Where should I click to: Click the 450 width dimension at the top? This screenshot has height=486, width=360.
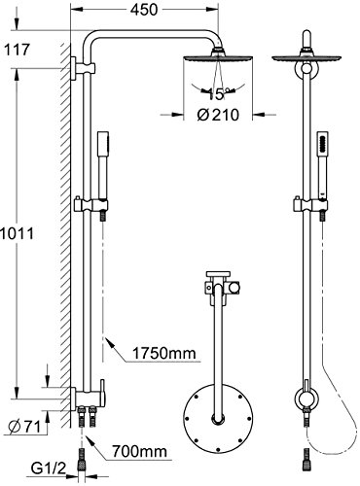tap(144, 10)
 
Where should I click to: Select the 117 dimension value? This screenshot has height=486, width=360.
tap(17, 50)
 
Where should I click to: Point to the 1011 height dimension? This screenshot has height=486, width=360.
tap(17, 233)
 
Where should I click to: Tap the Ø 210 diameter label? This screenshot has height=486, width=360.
tap(218, 115)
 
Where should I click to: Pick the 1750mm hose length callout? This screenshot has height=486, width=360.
tap(164, 353)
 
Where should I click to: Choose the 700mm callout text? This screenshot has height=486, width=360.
tap(139, 451)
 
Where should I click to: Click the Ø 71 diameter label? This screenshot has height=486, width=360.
tap(25, 427)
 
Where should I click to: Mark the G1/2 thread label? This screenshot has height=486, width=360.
tap(49, 469)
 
